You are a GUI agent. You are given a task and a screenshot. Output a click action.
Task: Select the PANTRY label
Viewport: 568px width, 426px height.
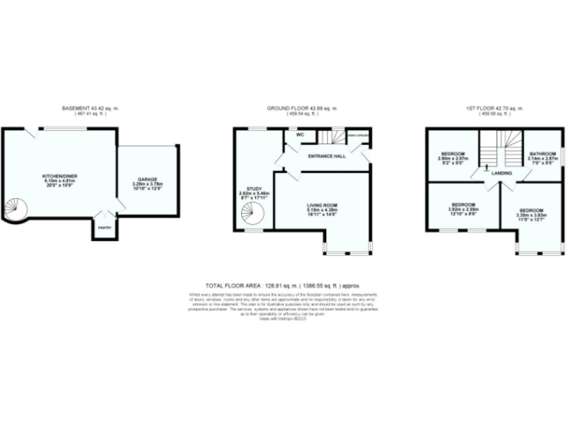coord(104,228)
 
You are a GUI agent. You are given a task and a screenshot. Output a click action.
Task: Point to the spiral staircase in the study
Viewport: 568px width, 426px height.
coord(252,215)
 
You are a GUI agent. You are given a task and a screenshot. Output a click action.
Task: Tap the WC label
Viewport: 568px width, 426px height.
coord(300,135)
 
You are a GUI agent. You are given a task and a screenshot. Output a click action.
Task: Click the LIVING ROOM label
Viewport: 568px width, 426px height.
coord(322,206)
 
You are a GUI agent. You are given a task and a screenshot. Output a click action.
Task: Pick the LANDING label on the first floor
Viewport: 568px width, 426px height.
coord(501,173)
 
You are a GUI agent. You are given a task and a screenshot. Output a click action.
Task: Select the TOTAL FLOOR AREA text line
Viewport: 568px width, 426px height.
coord(284,284)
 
